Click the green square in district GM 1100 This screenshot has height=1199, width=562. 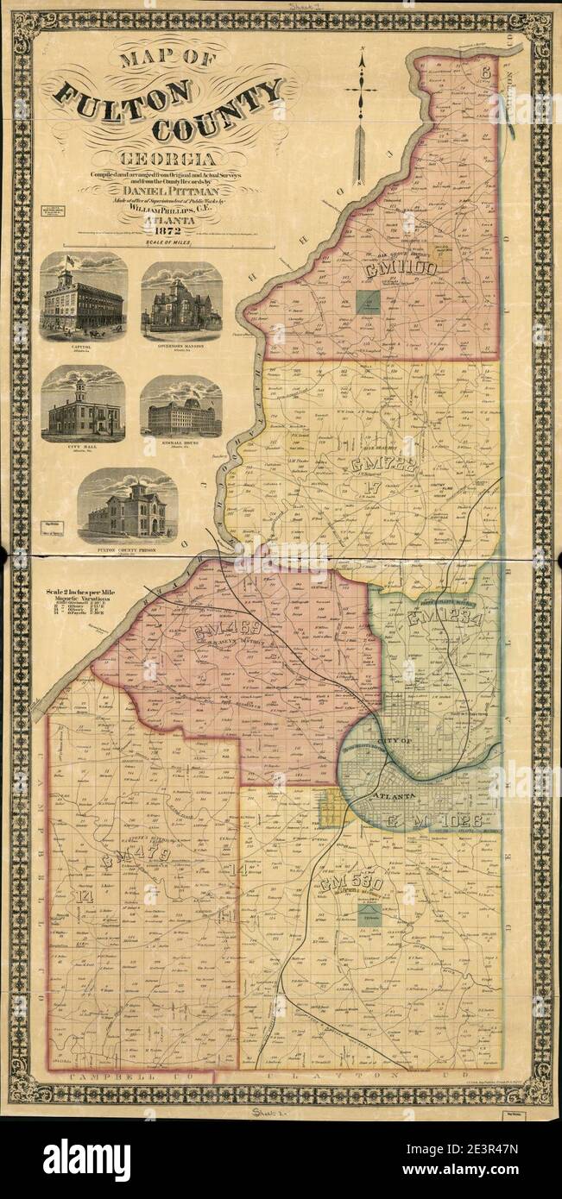pos(369,303)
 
